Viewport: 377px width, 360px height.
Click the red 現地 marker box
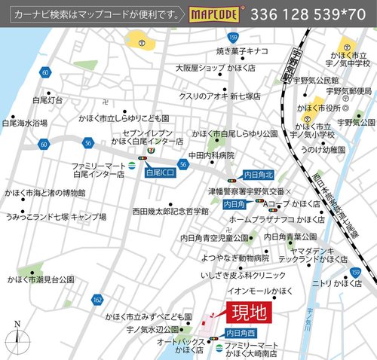coord(247,310)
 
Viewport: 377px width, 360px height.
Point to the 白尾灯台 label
coord(49,99)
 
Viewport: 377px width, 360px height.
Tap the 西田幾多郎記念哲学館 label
coord(170,212)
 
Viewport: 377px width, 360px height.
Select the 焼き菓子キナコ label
coord(243,51)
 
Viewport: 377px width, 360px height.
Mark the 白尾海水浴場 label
coord(25,122)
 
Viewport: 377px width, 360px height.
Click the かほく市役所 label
coord(320,108)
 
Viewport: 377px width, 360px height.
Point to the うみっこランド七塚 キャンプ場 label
coord(55,215)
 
